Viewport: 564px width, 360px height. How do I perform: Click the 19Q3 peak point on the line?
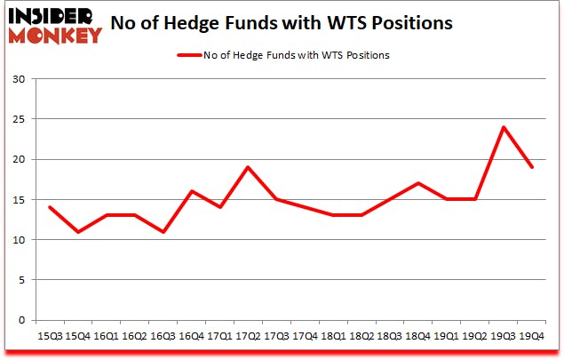pos(504,127)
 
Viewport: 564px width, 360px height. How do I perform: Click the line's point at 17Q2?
pos(248,167)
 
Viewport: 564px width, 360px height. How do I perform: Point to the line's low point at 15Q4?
pos(77,232)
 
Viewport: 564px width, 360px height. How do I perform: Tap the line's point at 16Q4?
pos(191,191)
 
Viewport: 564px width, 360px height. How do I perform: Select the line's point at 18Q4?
pos(418,183)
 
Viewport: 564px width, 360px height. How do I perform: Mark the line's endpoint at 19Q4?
pos(532,167)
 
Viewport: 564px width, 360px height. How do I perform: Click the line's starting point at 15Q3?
pos(49,207)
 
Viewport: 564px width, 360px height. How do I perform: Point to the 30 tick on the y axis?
pos(18,79)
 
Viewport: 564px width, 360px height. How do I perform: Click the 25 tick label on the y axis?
pos(18,119)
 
